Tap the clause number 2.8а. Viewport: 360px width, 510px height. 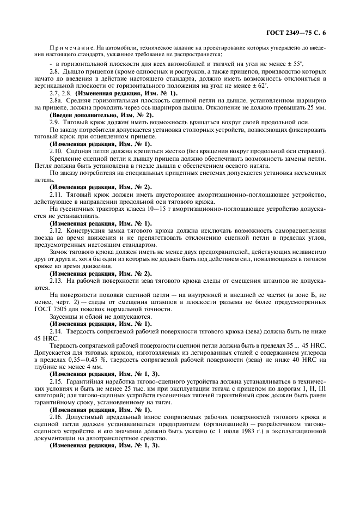coord(56,101)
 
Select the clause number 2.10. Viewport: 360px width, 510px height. coord(57,151)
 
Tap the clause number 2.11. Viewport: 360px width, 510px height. coord(57,195)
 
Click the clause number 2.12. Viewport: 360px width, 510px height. coord(57,231)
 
